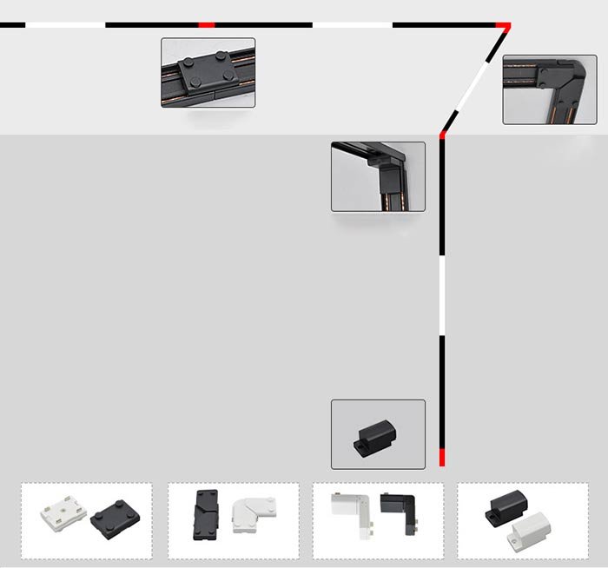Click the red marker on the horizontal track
tap(207, 25)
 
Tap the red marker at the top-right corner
tap(503, 27)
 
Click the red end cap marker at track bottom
tap(442, 458)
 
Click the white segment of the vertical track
tap(442, 294)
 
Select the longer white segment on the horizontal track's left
tap(65, 25)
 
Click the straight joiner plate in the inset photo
tap(208, 72)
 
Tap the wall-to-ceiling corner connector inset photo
tap(377, 176)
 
